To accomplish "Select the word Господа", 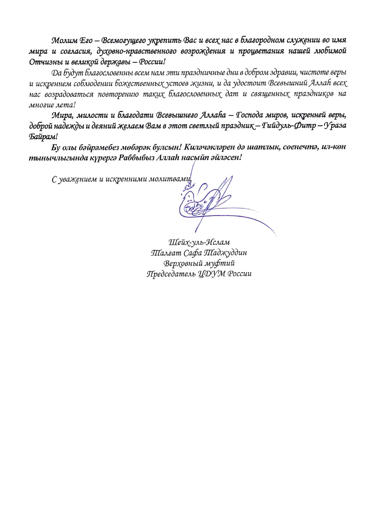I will click(x=250, y=115).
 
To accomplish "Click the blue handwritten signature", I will click(x=205, y=205).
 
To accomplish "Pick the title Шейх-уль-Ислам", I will click(x=199, y=242).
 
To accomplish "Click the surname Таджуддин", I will click(x=225, y=253).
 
